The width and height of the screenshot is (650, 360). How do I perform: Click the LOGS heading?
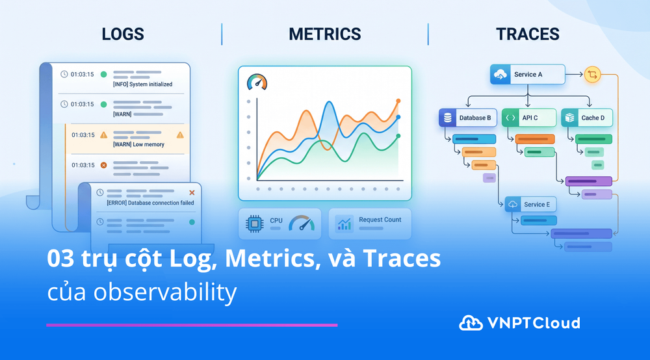click(x=123, y=34)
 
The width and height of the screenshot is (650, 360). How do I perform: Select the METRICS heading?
click(x=324, y=34)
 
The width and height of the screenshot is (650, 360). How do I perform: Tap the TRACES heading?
click(x=527, y=34)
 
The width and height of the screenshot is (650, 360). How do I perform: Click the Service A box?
click(x=527, y=75)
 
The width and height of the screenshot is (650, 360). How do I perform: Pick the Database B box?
click(x=467, y=118)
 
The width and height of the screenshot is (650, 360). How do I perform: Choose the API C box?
click(x=529, y=118)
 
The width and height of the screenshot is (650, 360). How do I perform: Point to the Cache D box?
click(x=586, y=118)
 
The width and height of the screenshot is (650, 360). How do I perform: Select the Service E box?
click(x=530, y=204)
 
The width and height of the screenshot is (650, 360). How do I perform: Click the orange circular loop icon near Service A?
click(x=592, y=75)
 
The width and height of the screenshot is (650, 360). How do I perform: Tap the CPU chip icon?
click(x=255, y=224)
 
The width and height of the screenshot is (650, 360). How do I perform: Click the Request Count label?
click(x=380, y=220)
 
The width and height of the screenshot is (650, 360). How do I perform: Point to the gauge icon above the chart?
click(x=257, y=82)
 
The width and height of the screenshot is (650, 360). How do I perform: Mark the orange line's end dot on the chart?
click(x=398, y=101)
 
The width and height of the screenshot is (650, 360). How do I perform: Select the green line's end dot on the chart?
click(x=398, y=136)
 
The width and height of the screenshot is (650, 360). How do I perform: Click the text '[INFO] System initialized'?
click(x=142, y=84)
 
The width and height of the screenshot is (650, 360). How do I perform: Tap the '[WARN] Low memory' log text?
click(x=138, y=144)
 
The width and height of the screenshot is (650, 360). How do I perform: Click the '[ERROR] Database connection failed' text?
click(x=150, y=203)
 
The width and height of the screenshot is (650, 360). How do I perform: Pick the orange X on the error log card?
click(x=192, y=192)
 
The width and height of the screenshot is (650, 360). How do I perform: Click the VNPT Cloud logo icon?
click(x=471, y=323)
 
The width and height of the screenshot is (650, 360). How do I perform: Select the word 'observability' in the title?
click(x=165, y=292)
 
